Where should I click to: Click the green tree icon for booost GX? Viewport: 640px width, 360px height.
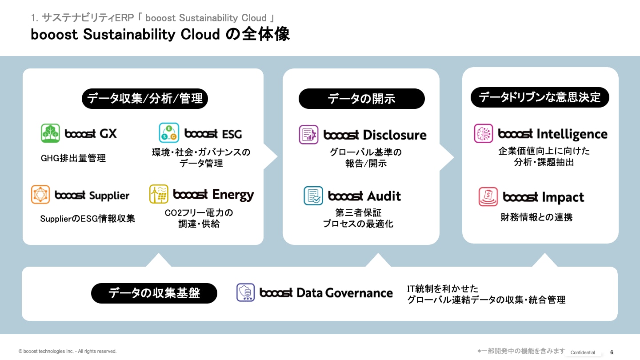50,133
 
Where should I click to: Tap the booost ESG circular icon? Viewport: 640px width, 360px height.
169,133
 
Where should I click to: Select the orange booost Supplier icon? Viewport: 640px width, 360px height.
40,195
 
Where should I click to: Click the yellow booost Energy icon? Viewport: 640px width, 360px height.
159,194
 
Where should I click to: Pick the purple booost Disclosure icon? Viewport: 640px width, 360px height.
308,135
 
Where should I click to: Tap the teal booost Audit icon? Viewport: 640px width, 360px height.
313,196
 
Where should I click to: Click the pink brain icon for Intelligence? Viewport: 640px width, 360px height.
484,133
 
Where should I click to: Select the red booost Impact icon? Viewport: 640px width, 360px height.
488,196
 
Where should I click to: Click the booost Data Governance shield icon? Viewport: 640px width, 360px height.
245,292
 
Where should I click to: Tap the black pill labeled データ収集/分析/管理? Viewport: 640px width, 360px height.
144,99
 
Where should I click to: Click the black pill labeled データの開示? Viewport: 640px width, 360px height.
361,99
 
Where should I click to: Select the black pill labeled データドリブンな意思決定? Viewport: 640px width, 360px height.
540,97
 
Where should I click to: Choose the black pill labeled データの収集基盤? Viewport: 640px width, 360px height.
154,293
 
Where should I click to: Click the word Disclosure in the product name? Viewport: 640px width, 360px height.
395,135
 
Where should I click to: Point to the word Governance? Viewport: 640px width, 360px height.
359,293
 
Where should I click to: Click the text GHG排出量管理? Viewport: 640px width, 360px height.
73,158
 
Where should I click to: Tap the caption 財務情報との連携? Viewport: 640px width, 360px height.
536,217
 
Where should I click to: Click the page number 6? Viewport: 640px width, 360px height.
612,352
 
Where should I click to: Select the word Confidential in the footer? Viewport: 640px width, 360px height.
583,352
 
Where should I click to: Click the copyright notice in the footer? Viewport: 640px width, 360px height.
68,351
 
